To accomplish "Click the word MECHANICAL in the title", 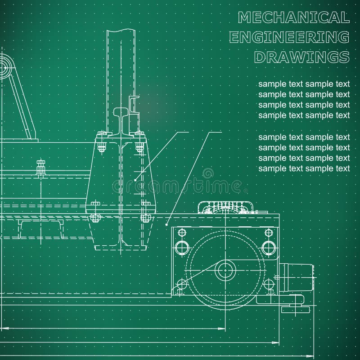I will point(293,18).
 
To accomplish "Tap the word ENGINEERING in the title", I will point(289,37).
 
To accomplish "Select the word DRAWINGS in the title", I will point(301,57).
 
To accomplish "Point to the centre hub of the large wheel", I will point(225,270).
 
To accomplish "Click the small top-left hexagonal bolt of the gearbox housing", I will point(182,232).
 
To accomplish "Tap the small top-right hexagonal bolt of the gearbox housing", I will point(269,232).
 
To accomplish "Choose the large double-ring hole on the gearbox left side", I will point(182,247).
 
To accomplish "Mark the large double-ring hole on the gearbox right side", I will point(269,247).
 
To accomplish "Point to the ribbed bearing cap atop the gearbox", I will point(224,207).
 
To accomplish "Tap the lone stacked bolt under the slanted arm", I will point(41,167).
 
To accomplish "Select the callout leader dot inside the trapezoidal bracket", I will point(136,180).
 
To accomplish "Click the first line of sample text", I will point(304,84).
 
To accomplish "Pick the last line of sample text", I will point(304,169).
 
